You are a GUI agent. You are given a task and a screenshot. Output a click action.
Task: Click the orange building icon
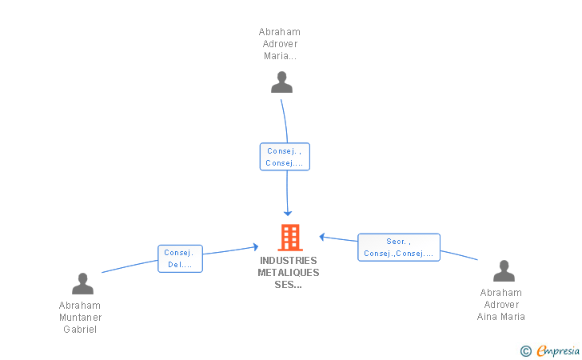point(290,238)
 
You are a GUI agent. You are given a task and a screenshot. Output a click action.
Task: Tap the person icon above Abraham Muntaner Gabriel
point(82,283)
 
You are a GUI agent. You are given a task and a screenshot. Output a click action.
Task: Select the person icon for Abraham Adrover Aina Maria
point(504,271)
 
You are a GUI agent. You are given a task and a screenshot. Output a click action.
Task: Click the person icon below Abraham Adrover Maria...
point(281,82)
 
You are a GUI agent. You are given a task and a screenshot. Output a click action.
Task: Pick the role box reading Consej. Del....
point(180,258)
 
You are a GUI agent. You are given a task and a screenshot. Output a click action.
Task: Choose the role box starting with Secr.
point(399,247)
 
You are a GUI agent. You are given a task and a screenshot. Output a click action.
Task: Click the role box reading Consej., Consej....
point(285,157)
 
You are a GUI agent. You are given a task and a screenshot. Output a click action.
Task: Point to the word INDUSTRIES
point(289,261)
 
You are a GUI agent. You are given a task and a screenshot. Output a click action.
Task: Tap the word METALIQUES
point(289,273)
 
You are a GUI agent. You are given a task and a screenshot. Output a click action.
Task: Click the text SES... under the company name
point(288,285)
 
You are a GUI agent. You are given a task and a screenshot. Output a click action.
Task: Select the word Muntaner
point(80,318)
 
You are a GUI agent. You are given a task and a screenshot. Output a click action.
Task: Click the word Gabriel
point(80,330)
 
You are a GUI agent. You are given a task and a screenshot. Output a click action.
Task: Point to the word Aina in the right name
point(487,317)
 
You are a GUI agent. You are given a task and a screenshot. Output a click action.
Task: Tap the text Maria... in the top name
point(280,56)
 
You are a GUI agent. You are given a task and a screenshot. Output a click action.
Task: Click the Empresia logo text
point(558,350)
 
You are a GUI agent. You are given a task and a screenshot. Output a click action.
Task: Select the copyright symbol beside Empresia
point(526,351)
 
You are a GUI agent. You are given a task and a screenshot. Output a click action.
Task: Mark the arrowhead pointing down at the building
point(287,214)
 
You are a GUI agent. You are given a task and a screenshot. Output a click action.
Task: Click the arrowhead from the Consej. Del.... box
point(255,246)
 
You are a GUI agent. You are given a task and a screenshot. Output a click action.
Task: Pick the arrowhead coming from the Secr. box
point(322,237)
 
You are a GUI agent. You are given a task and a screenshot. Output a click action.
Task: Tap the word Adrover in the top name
point(280,44)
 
